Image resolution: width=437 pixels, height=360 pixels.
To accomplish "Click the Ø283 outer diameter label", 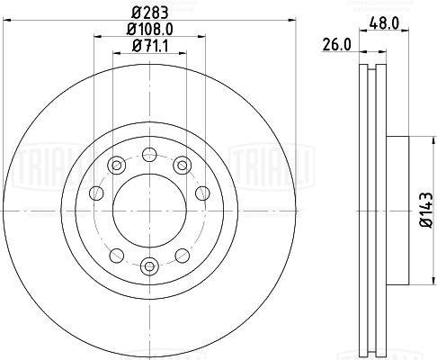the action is pyautogui.click(x=150, y=13).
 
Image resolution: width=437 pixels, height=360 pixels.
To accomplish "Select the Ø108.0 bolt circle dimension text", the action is pyautogui.click(x=150, y=30).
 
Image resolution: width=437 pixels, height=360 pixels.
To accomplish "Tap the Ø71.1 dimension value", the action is pyautogui.click(x=150, y=46).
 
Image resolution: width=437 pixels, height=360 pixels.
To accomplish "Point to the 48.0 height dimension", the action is pyautogui.click(x=384, y=23).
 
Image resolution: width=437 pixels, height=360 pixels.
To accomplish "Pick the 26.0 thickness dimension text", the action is pyautogui.click(x=336, y=45).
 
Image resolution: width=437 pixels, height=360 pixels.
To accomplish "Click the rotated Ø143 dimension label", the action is pyautogui.click(x=427, y=211).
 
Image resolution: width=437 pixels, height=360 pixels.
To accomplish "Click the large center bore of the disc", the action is pyautogui.click(x=149, y=211).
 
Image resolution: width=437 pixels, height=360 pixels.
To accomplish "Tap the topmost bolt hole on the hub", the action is pyautogui.click(x=149, y=155).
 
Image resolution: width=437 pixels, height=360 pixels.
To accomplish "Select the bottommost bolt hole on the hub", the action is pyautogui.click(x=149, y=265).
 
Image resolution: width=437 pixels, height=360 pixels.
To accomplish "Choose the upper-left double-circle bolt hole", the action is pyautogui.click(x=117, y=165).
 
